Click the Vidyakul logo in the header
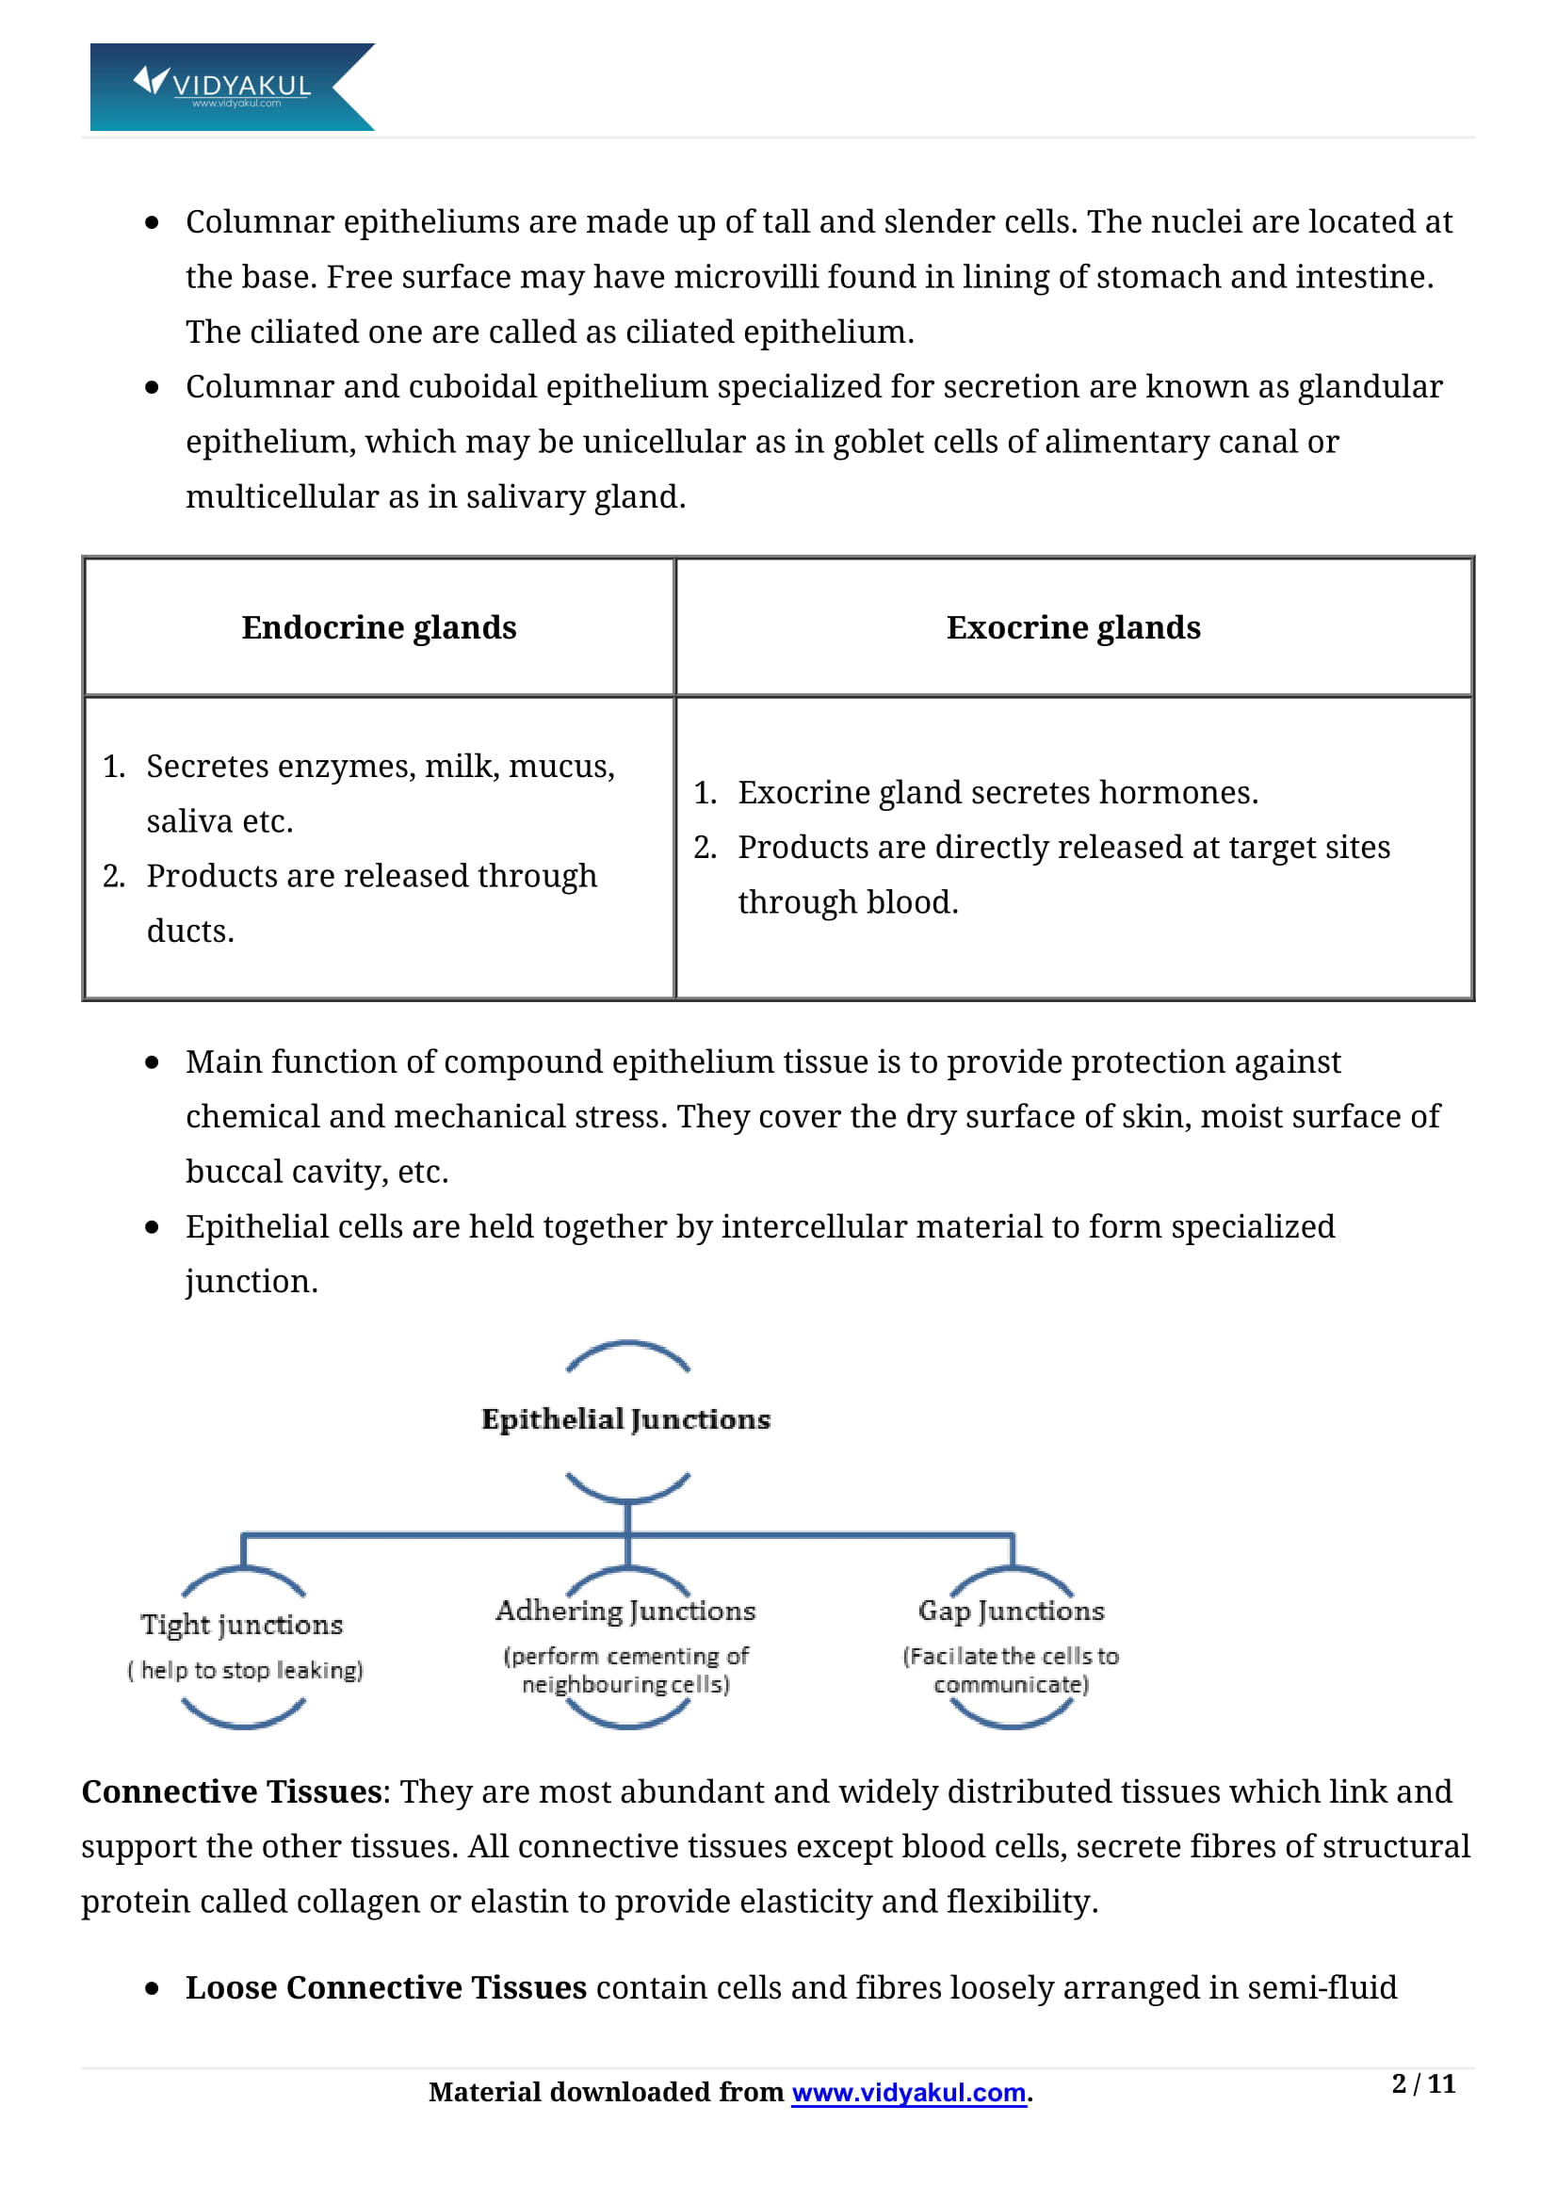tap(231, 87)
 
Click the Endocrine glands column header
tap(379, 627)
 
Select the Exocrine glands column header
tap(1074, 627)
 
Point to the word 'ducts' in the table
tap(187, 931)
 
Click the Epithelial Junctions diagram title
tap(626, 1419)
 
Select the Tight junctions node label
tap(242, 1625)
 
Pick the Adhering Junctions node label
tap(626, 1611)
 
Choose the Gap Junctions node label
tap(1011, 1611)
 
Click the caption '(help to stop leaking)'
tap(246, 1671)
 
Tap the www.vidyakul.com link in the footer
tap(909, 2093)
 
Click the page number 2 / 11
tap(1423, 2084)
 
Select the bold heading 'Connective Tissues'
tap(232, 1791)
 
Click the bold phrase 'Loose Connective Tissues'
tap(385, 1987)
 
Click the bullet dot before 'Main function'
tap(152, 1062)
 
